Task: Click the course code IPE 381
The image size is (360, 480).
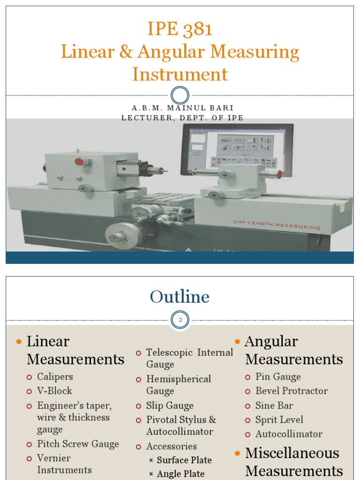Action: tap(180, 29)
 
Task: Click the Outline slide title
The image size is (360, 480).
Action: tap(180, 297)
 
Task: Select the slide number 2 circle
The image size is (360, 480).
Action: tap(180, 321)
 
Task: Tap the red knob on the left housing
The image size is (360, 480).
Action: tap(79, 162)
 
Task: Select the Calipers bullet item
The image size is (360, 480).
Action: tap(55, 376)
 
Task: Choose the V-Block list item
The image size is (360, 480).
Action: tap(55, 390)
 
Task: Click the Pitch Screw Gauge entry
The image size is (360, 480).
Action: tap(78, 444)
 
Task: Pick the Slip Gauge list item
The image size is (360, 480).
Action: tap(170, 405)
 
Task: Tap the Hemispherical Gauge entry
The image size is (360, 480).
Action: tap(178, 385)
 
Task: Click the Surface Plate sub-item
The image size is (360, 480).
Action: tap(184, 460)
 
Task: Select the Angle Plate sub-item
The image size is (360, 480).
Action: tap(180, 474)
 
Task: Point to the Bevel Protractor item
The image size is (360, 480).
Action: tap(292, 390)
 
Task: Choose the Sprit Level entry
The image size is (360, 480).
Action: tap(279, 420)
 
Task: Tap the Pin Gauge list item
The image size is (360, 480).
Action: tap(278, 376)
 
